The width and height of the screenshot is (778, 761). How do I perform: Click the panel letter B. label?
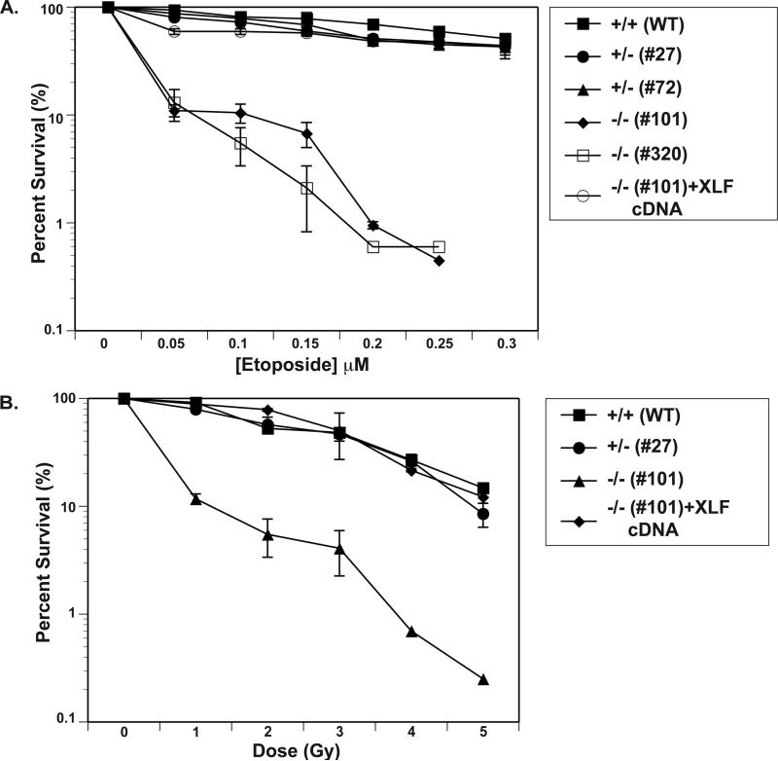point(12,400)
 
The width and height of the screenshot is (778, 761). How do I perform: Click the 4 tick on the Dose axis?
point(411,731)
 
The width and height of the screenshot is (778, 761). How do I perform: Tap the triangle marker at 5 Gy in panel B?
point(483,679)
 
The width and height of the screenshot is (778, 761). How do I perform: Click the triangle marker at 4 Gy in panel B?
point(411,632)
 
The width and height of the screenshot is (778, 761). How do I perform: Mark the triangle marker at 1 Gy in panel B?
point(195,499)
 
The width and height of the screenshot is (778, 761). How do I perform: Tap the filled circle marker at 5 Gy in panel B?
point(483,514)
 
